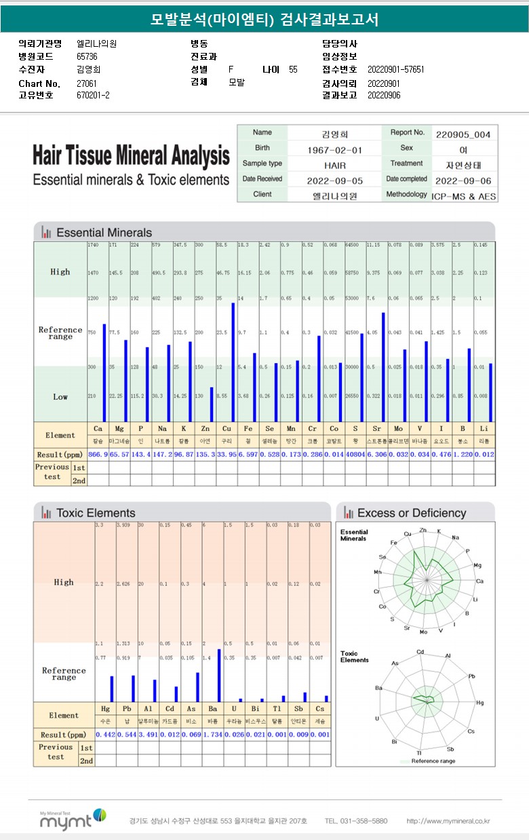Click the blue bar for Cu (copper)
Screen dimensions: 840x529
pos(233,362)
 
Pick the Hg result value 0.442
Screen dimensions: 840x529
pos(105,735)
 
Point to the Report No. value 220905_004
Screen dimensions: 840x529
pos(463,134)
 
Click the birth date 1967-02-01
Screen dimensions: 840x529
pos(334,149)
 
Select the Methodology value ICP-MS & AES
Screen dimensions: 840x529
pos(464,196)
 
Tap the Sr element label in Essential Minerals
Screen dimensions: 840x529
pos(377,429)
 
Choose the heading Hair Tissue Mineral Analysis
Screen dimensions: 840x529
pos(131,156)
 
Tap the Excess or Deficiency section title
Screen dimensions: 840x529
pos(411,513)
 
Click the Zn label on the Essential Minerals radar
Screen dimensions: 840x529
pos(423,530)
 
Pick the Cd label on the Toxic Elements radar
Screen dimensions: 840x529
pos(420,652)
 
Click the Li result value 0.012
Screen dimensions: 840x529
pos(484,455)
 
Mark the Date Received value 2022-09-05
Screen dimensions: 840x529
pos(334,180)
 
